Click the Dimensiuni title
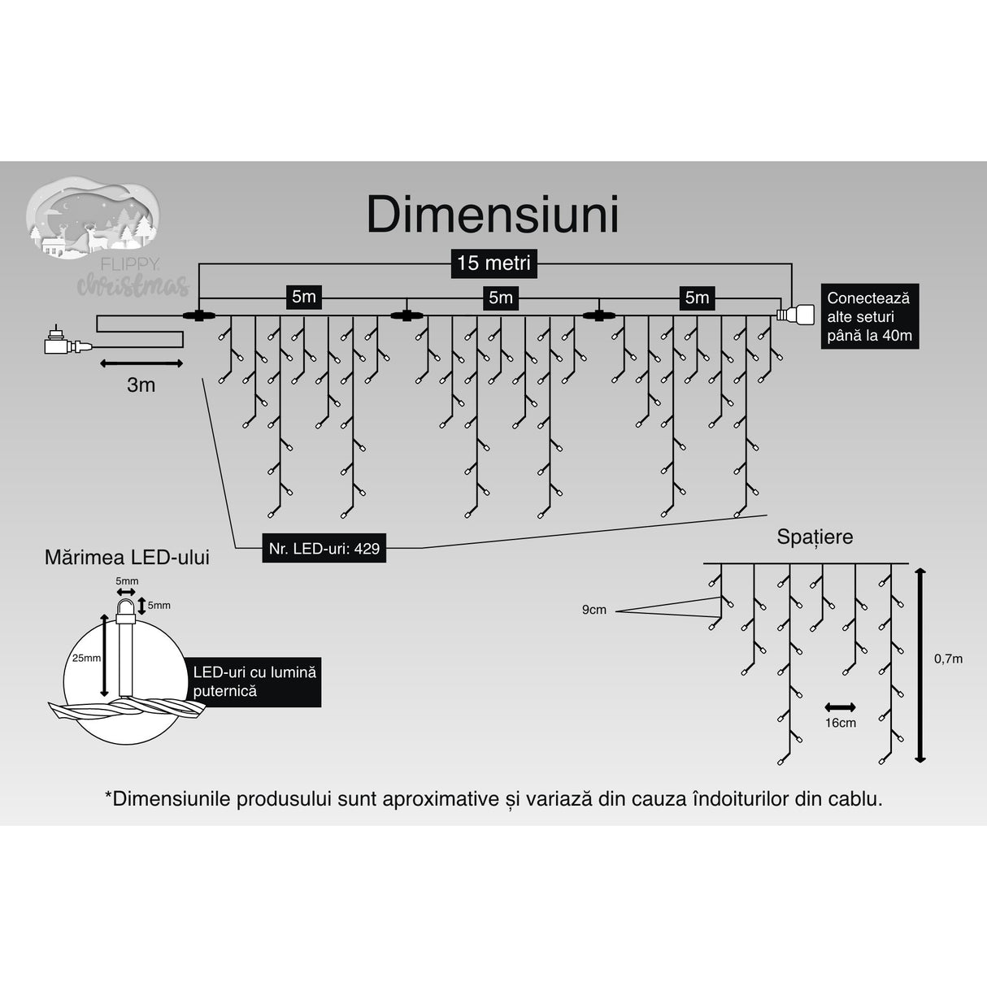pyautogui.click(x=493, y=215)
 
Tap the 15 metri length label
pyautogui.click(x=493, y=263)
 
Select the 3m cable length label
pyautogui.click(x=141, y=385)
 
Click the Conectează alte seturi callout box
pyautogui.click(x=869, y=316)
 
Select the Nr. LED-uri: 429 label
pyautogui.click(x=324, y=549)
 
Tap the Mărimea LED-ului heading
pyautogui.click(x=127, y=557)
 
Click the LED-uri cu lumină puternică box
pyautogui.click(x=254, y=681)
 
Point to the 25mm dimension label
pyautogui.click(x=86, y=658)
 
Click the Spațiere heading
pyautogui.click(x=815, y=537)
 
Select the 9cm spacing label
pyautogui.click(x=594, y=610)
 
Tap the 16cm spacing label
pyautogui.click(x=840, y=723)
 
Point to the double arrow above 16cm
pyautogui.click(x=840, y=707)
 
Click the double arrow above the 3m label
pyautogui.click(x=141, y=363)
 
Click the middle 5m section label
pyautogui.click(x=500, y=298)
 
